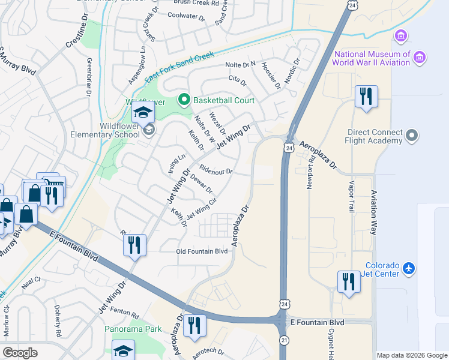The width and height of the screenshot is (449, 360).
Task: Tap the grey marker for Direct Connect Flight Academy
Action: point(412,135)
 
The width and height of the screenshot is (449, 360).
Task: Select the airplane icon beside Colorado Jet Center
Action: point(409,268)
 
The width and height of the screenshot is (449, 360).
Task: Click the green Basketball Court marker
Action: point(184,100)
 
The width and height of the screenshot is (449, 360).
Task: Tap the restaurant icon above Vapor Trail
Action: point(366,97)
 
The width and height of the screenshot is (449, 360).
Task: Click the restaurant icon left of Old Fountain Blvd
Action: point(134,245)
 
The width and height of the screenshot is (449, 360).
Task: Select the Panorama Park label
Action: point(133,329)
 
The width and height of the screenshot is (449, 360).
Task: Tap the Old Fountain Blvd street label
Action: point(202,251)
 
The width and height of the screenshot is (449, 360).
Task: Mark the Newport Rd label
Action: point(311,174)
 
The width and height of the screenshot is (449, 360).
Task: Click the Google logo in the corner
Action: point(20,353)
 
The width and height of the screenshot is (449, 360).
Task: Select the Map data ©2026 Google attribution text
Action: point(412,355)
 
